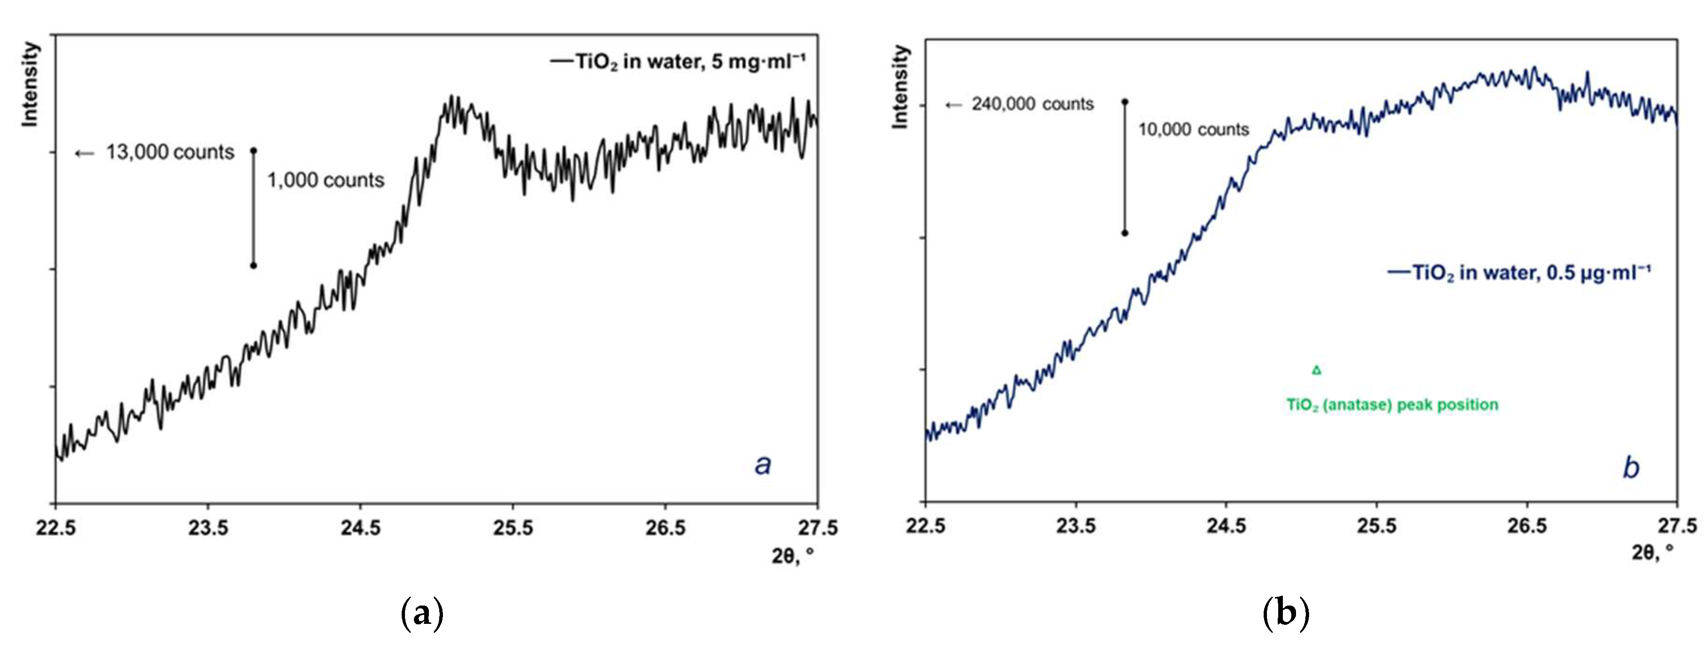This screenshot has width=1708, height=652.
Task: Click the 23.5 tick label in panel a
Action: [208, 528]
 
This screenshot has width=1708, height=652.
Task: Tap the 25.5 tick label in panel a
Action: [512, 528]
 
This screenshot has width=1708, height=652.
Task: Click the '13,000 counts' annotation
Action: [170, 152]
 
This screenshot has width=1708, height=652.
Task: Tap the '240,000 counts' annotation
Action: [1033, 104]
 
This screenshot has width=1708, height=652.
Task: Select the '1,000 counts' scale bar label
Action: [326, 181]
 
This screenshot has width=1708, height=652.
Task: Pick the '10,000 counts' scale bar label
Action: [1193, 129]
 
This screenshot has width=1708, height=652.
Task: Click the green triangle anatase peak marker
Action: [1316, 370]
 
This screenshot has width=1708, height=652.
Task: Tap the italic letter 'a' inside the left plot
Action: [763, 465]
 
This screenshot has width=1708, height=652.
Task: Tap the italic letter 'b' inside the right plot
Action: [1630, 468]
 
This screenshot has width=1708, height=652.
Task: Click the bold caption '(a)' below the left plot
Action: [422, 613]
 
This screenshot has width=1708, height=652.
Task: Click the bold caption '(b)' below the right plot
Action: [1286, 613]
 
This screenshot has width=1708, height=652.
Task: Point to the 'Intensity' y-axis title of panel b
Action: [900, 86]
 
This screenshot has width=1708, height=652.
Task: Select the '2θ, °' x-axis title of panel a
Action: [792, 556]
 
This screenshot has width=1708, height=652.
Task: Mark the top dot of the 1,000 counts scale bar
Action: [253, 151]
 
